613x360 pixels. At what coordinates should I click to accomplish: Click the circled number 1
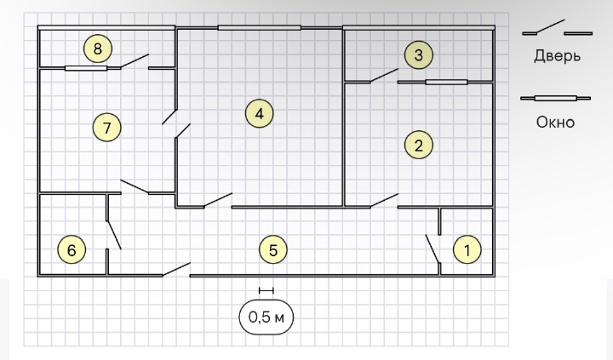[466, 249]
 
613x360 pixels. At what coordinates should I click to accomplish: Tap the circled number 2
[418, 145]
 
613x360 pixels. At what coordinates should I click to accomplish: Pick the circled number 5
[272, 249]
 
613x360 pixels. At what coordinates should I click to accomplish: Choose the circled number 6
[72, 250]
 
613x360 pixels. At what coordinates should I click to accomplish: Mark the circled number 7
[106, 129]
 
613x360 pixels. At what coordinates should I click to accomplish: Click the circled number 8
[98, 49]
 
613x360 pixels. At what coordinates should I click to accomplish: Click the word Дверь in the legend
[559, 57]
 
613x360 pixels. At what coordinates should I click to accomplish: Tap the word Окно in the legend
[556, 122]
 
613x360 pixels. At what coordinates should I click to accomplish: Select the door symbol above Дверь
[557, 30]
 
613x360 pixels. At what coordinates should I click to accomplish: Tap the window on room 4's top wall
[259, 28]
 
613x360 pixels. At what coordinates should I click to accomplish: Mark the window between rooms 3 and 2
[446, 83]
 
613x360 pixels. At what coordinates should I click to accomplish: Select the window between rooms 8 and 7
[86, 68]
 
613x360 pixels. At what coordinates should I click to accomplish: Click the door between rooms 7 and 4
[176, 123]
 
